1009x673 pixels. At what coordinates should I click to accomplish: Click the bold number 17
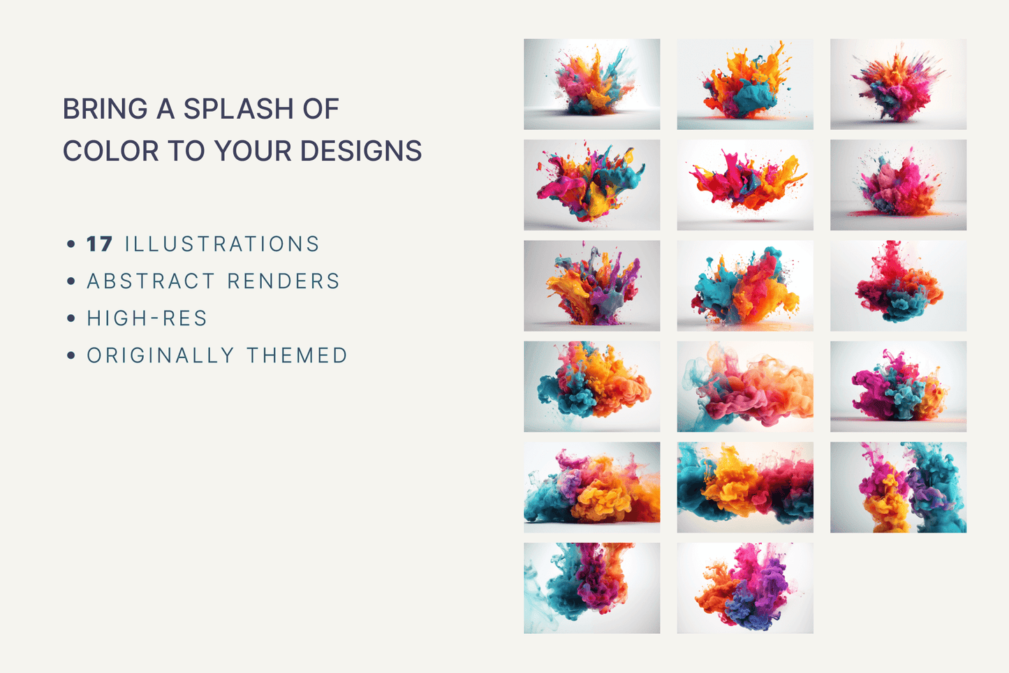point(99,244)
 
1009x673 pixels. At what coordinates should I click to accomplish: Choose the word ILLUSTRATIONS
point(222,244)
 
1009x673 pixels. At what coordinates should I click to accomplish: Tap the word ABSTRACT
point(151,281)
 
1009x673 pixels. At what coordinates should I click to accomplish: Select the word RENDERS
point(283,281)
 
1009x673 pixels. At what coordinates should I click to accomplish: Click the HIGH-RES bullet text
point(147,318)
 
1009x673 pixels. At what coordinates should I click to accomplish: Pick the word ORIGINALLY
point(160,355)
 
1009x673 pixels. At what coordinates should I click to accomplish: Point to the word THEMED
point(297,355)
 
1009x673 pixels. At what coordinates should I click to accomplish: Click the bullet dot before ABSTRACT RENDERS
point(71,281)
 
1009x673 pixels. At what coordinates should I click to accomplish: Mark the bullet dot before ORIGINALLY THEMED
point(71,355)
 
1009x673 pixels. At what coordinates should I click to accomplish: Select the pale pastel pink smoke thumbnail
point(745,386)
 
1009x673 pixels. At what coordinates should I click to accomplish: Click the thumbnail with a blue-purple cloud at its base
point(745,588)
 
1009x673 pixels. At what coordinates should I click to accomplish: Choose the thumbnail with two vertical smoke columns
point(898,487)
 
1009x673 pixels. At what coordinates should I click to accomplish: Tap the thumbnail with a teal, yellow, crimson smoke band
point(745,487)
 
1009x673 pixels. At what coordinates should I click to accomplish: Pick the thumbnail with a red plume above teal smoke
point(898,286)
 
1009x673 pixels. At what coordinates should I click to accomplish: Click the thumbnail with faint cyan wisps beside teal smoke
point(591,588)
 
